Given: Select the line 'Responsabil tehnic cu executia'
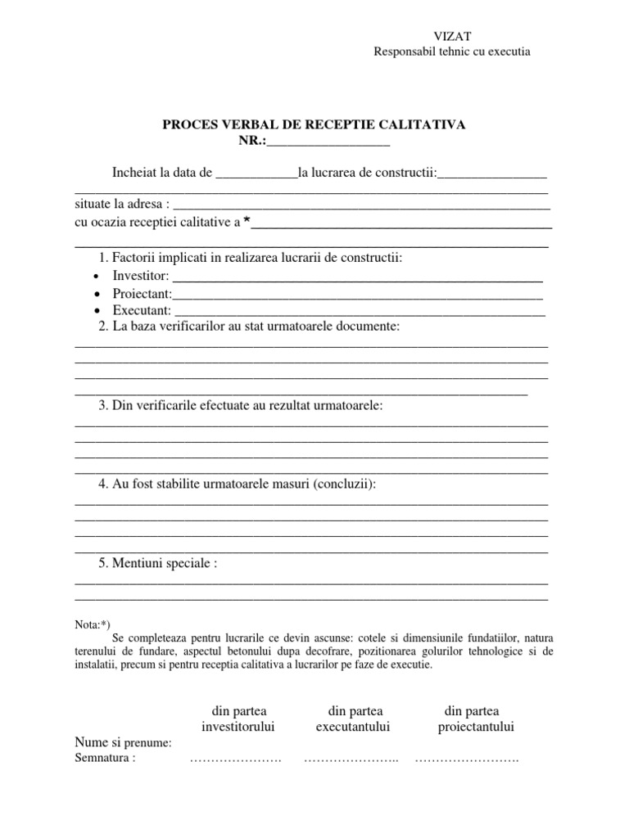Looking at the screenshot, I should coord(452,51).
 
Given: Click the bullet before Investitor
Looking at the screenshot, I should coord(97,277).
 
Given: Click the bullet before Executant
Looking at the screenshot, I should coord(97,311).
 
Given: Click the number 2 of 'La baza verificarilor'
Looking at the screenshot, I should coord(102,327).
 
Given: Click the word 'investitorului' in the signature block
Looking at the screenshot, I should coord(238,727).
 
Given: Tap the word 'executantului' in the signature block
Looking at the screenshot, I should coord(353,727).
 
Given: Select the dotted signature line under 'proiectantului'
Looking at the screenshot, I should coord(467,760).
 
